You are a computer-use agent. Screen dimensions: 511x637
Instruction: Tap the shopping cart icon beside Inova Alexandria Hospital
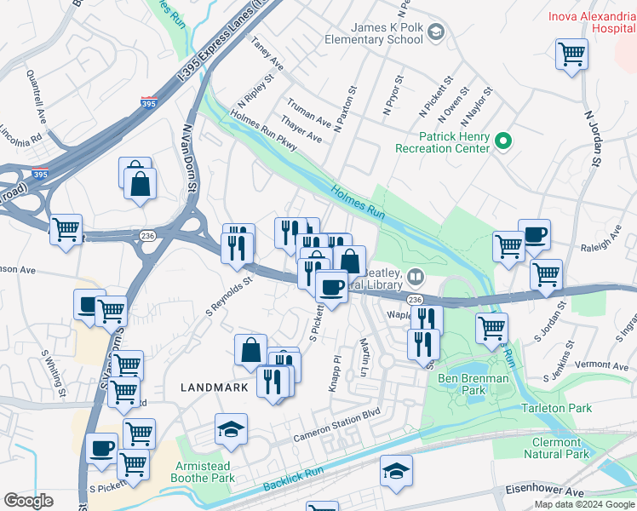pyautogui.click(x=571, y=54)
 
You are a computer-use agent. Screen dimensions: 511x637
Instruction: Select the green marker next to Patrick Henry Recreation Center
pyautogui.click(x=503, y=140)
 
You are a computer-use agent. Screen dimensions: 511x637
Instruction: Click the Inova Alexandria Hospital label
pyautogui.click(x=591, y=21)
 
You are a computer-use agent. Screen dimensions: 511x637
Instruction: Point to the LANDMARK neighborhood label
pyautogui.click(x=213, y=387)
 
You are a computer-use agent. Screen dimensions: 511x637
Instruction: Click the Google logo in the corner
pyautogui.click(x=28, y=501)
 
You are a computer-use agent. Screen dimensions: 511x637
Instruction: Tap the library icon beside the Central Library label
pyautogui.click(x=415, y=276)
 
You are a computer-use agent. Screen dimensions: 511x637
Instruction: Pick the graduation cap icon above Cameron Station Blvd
pyautogui.click(x=231, y=430)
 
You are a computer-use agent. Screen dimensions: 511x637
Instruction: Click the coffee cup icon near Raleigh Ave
pyautogui.click(x=534, y=234)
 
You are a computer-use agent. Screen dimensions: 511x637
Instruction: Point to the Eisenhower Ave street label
pyautogui.click(x=543, y=491)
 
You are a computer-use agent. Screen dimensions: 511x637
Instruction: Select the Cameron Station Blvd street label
pyautogui.click(x=336, y=436)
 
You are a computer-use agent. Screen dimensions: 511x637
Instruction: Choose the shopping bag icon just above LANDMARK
pyautogui.click(x=251, y=350)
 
